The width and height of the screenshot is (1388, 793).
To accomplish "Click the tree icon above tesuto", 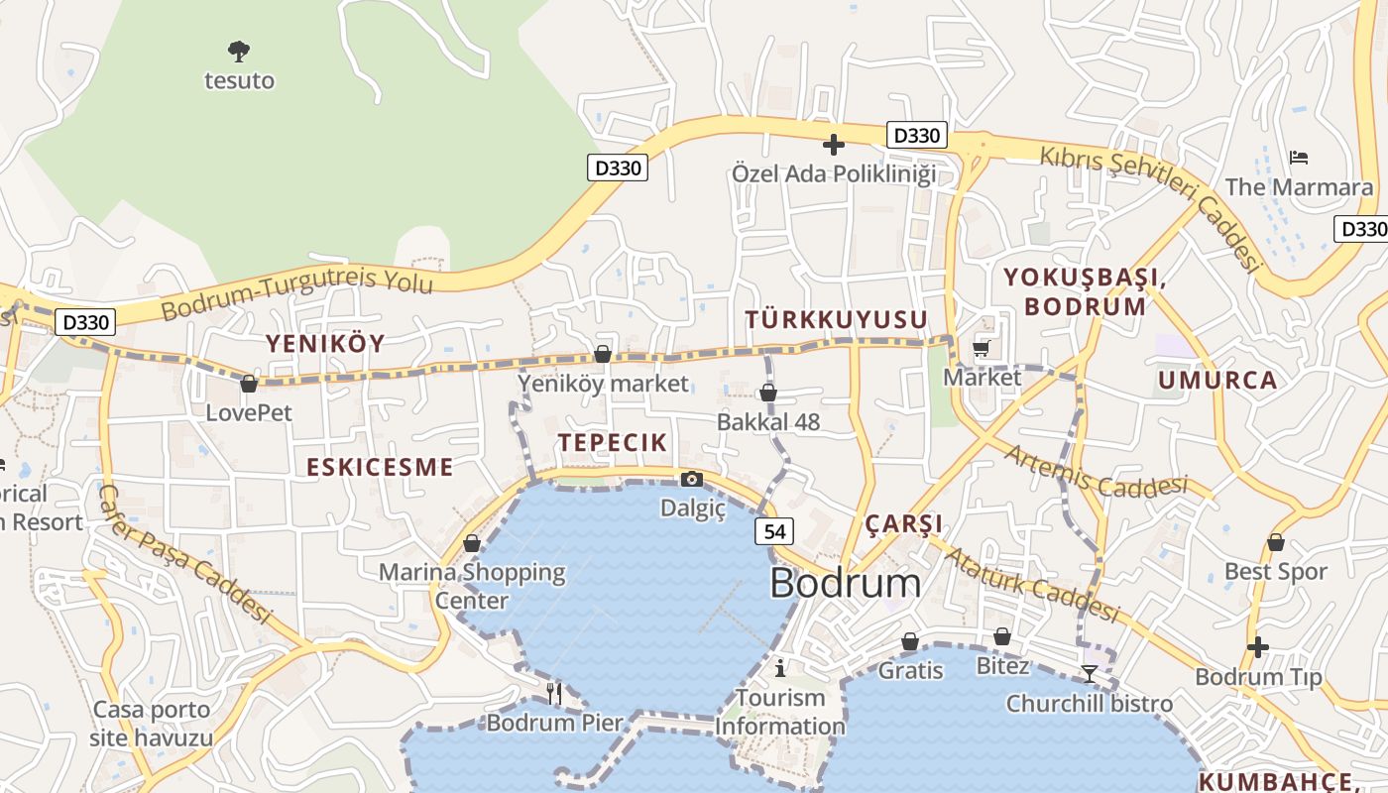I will point(238,50).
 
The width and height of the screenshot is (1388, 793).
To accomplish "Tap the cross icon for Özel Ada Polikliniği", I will point(834,145).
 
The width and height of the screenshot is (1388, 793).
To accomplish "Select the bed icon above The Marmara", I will point(1299,157).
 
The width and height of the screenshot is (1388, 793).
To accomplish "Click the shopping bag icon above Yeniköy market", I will point(602,354).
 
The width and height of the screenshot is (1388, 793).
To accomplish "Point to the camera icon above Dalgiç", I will point(692,480).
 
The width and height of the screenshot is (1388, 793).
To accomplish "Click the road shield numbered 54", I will point(774,531).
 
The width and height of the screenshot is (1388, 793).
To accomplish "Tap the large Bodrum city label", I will point(845,583).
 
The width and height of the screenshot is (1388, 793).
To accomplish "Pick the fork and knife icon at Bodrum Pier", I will point(554,693).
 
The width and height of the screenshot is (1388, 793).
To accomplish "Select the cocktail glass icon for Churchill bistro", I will point(1089,674).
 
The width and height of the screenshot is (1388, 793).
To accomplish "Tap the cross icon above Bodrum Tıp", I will point(1257,648).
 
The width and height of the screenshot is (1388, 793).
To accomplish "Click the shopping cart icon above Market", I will point(982,348).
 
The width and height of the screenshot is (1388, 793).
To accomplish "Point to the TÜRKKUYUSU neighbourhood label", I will point(836,319).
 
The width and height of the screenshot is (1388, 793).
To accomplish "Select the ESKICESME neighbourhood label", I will point(380,468).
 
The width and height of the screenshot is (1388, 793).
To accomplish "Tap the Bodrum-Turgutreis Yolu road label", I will point(297,291).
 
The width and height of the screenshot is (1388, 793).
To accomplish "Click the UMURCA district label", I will point(1217,381).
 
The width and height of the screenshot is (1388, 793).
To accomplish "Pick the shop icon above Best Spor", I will point(1276,543).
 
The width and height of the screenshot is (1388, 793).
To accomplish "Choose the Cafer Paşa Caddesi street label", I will point(185,553).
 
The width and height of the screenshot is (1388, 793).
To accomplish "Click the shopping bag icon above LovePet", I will point(249,384).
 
